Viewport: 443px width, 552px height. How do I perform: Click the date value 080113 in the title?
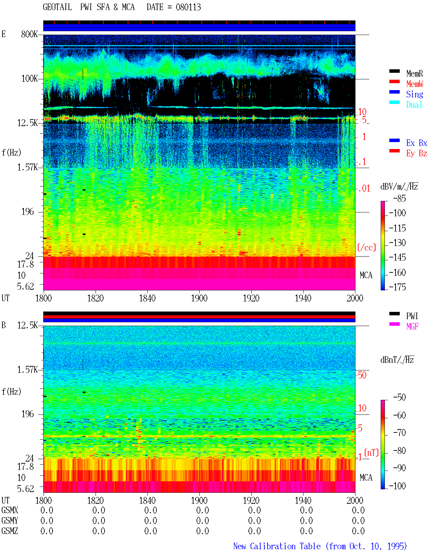point(188,7)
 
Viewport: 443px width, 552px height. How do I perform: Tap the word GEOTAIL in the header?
point(57,7)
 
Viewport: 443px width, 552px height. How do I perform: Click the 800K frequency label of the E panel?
point(29,34)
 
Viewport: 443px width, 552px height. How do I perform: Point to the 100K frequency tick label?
point(29,79)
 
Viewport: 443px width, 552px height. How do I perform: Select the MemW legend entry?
point(415,84)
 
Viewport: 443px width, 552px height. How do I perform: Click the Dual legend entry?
point(414,105)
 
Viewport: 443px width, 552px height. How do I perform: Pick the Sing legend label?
point(415,94)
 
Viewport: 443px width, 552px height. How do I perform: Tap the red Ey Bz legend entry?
point(417,154)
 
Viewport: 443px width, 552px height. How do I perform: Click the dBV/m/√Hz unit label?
point(399,186)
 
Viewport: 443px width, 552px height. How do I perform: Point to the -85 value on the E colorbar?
point(399,198)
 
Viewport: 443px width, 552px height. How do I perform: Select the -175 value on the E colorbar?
point(397,287)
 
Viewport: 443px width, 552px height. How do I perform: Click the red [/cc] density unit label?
point(367,247)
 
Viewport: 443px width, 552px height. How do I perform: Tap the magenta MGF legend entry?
point(412,326)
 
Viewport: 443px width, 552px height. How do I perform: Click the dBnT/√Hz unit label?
point(397,360)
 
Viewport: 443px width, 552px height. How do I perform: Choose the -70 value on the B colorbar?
point(399,433)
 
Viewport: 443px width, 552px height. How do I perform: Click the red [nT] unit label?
point(371,453)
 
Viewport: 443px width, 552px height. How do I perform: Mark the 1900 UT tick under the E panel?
point(199,298)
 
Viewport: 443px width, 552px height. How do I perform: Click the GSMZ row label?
point(10,531)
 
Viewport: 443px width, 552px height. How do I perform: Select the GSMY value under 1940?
point(306,521)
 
